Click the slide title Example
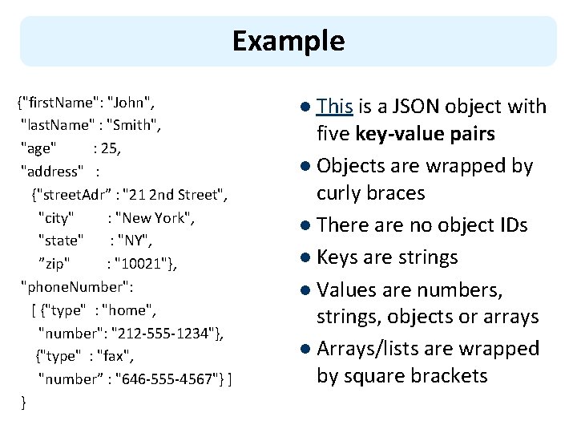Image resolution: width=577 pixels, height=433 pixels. (288, 41)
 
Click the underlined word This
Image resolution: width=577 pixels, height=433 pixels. (334, 107)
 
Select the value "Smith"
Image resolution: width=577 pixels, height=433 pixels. (131, 125)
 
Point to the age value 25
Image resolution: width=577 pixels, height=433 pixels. (109, 148)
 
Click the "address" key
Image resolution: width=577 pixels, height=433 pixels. (52, 172)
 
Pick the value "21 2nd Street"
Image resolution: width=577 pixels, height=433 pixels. (173, 194)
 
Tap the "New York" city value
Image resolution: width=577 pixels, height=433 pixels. (153, 217)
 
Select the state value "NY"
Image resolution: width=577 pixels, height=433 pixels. (133, 241)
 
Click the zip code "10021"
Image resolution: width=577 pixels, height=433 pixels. (141, 264)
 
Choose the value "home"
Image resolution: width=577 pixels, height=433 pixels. (127, 310)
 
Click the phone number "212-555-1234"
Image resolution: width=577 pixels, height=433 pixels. (163, 334)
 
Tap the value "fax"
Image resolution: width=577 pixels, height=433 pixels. (113, 356)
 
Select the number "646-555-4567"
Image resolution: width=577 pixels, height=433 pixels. (167, 378)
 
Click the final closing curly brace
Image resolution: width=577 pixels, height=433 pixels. (23, 403)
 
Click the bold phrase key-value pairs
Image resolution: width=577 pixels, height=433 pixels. (425, 134)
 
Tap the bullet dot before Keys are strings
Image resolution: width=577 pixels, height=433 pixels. (305, 257)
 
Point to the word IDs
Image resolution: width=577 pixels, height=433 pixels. (514, 225)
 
